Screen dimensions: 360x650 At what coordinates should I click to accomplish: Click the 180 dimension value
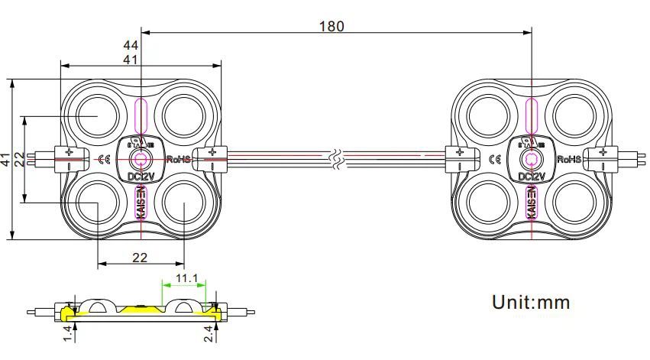coord(331,26)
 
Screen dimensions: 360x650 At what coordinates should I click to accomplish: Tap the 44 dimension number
coord(131,45)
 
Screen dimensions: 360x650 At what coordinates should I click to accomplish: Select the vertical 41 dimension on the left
coord(6,161)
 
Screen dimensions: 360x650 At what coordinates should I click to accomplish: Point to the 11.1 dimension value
coord(184,278)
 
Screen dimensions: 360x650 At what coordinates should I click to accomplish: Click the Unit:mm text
coord(531,302)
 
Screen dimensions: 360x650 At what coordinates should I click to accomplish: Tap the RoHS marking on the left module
coord(178,160)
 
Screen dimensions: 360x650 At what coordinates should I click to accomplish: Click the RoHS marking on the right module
coord(569,160)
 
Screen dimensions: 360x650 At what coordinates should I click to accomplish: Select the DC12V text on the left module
coord(141,177)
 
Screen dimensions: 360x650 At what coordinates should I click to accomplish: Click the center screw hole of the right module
coord(532,160)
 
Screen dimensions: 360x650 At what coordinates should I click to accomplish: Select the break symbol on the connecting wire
coord(337,160)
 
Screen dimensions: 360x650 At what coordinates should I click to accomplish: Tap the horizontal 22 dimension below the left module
coord(140,258)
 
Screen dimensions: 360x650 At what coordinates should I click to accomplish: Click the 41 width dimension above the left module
coord(131,59)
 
